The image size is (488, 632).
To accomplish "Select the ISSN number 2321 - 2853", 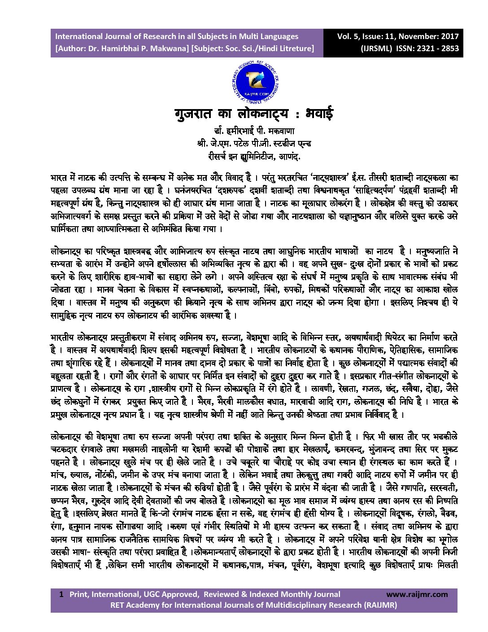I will click(438, 48).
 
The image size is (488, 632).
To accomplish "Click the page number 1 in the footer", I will click(61, 594).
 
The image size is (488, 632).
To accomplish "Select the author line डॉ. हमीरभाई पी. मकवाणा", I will click(254, 132).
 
